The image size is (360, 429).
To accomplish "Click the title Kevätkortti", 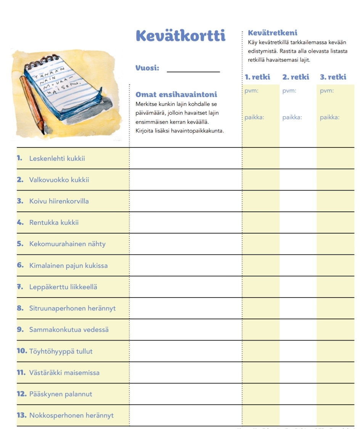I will pos(180,35).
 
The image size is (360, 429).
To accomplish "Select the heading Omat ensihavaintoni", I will pos(176,94).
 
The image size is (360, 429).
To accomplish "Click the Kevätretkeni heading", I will pos(272,33).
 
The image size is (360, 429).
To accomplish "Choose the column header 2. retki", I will pos(296,77).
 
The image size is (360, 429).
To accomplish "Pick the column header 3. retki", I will pos(333,77).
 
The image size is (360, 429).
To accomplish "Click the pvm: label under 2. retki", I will pos(289,91).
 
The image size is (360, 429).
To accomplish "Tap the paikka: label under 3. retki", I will pos(329,117).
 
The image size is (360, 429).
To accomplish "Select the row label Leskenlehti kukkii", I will pos(57,158).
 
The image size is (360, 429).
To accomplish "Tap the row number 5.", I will pos(20,244).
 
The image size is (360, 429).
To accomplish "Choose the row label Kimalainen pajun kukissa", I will pos(68,266).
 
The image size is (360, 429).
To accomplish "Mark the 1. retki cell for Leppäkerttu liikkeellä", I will pos(260,287).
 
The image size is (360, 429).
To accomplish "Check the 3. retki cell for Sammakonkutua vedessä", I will pos(335,330).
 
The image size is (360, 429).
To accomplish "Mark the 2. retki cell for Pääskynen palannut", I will pos(298,394).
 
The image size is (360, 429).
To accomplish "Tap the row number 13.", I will pos(21,415).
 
